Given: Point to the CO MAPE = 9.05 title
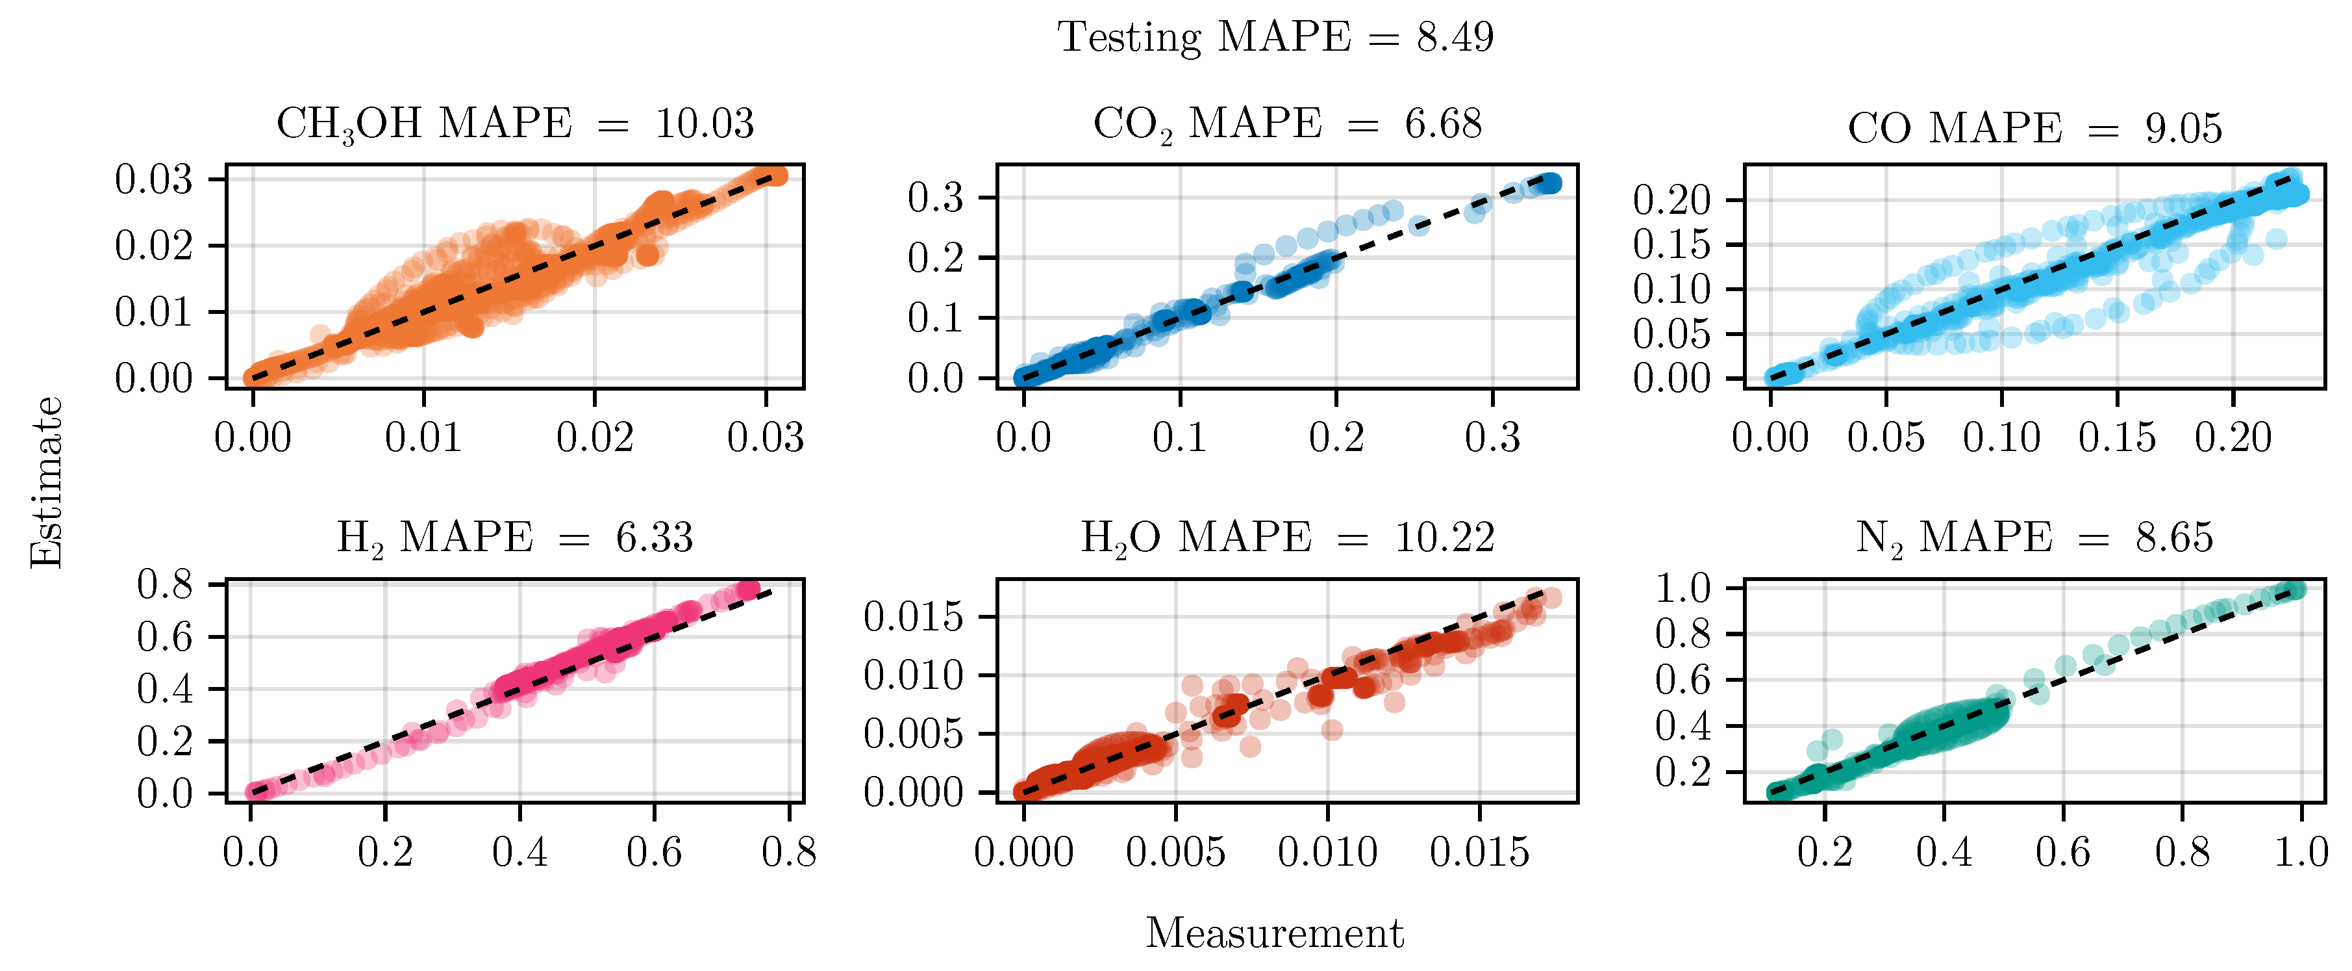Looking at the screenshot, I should (x=2034, y=129).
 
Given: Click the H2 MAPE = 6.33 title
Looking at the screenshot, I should (x=515, y=538).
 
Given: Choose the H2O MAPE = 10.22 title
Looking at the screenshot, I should (x=1288, y=538).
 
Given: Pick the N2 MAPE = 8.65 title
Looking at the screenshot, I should (x=2034, y=538).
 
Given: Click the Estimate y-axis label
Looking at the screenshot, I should (x=45, y=482).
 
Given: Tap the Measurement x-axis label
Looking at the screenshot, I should (x=1275, y=933).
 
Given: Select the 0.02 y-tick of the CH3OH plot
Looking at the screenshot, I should (x=153, y=246).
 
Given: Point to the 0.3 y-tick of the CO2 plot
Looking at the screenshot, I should (x=935, y=198).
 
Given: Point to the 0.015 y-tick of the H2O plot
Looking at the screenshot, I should (x=913, y=617).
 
